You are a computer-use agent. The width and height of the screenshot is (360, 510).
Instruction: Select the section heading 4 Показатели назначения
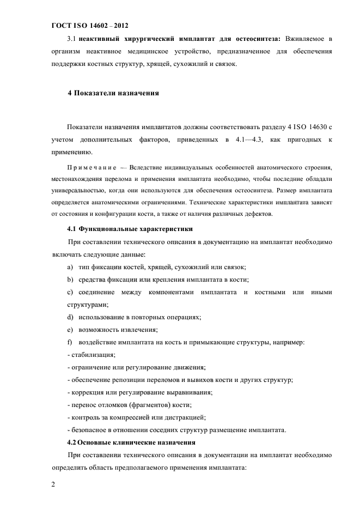(113, 93)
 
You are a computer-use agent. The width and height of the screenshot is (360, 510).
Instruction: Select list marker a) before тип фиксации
(70, 267)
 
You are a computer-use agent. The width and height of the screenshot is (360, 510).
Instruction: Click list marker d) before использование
(70, 317)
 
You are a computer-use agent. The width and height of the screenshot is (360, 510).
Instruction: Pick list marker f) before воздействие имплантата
(70, 342)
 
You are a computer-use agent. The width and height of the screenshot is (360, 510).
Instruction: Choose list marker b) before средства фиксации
(70, 280)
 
